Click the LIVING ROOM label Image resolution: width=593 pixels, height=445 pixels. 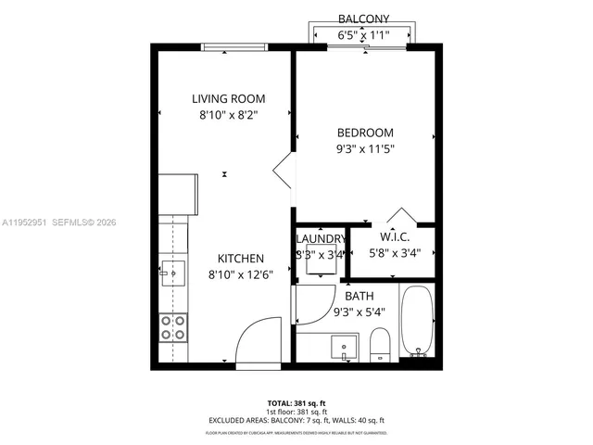(x=228, y=99)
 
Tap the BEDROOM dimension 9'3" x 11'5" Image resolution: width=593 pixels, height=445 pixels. (x=364, y=147)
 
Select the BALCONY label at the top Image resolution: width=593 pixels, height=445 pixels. (x=363, y=19)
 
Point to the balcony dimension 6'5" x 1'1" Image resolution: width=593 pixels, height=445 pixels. (x=363, y=35)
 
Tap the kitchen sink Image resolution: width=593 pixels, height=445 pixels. (x=172, y=273)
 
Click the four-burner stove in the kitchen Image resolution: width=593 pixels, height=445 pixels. (x=172, y=326)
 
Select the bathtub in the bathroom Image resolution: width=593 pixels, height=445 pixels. (x=417, y=322)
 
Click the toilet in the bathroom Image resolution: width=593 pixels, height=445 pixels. (x=380, y=347)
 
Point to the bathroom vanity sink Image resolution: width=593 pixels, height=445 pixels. (x=345, y=348)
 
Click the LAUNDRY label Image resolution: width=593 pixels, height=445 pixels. (x=320, y=238)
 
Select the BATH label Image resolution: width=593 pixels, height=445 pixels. (x=360, y=296)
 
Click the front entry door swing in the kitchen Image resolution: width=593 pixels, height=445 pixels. (x=258, y=340)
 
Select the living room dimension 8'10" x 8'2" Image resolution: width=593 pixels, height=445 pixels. (x=228, y=116)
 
